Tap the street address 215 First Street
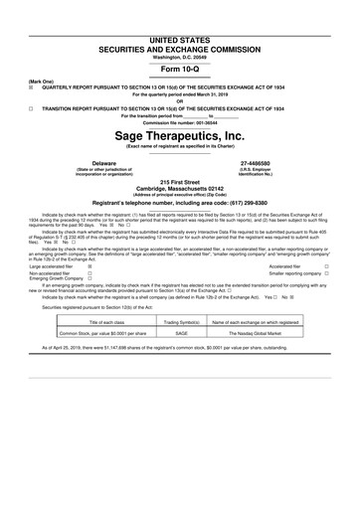(x=179, y=185)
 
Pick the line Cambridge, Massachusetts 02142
(x=179, y=192)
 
